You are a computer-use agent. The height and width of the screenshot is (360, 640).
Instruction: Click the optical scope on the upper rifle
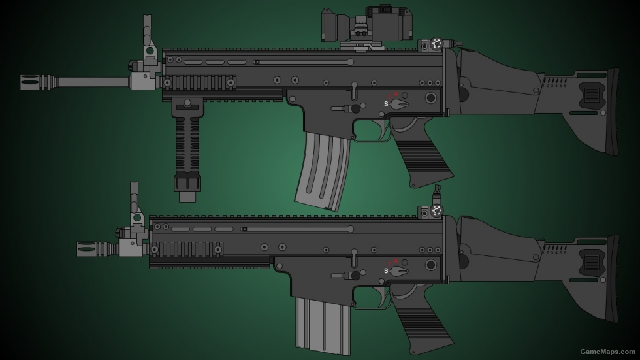(x=366, y=25)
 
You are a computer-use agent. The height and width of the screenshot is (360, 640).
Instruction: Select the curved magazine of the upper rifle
(x=321, y=170)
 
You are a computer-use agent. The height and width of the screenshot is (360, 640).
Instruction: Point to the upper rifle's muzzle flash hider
(x=39, y=82)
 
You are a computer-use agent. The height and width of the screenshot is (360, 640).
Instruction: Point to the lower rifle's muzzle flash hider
(x=95, y=249)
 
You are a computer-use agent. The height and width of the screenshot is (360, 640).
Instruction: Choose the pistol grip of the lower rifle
(x=424, y=330)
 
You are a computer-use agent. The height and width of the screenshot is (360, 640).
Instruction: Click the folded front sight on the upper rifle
(x=148, y=39)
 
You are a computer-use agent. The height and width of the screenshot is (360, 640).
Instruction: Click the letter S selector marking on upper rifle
(x=386, y=104)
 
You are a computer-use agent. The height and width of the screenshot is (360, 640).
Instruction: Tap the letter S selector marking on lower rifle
(x=386, y=271)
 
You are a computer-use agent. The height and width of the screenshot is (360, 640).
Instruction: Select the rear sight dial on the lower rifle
(x=436, y=210)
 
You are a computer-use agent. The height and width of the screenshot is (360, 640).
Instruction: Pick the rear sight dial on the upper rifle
(x=436, y=44)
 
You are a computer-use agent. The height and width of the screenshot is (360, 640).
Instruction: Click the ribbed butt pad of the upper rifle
(x=613, y=111)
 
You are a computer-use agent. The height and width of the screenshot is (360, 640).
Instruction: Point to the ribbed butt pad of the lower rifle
(x=613, y=278)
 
